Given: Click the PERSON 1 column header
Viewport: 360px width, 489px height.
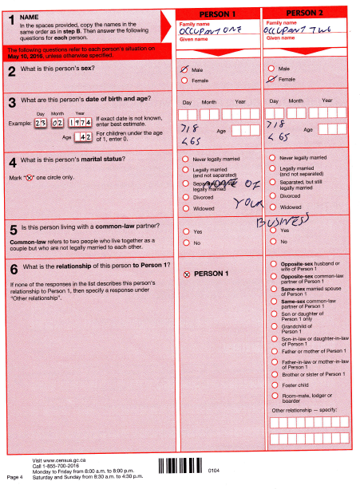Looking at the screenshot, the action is click(218, 14).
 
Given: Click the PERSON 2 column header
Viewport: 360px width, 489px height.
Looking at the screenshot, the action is click(306, 14).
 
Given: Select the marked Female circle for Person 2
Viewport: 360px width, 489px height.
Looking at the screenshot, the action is click(273, 80).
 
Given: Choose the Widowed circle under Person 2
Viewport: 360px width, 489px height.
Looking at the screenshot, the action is click(273, 207).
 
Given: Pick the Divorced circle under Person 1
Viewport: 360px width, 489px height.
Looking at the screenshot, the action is click(186, 195).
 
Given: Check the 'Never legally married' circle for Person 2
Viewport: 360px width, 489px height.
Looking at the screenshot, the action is click(273, 158).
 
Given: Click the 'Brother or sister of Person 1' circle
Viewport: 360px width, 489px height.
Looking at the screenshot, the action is click(274, 371).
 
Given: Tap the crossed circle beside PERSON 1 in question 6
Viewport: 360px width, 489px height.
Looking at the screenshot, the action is click(187, 274).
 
